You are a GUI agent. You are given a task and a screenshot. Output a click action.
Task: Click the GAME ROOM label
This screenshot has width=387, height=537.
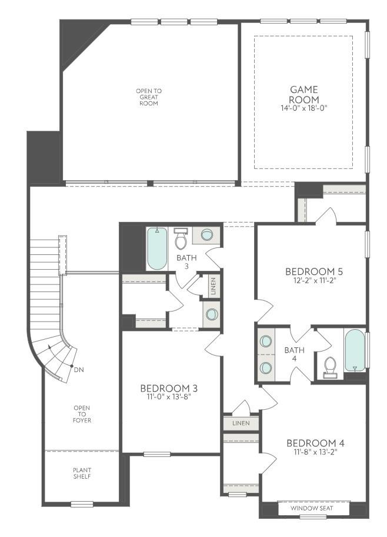pos(303,94)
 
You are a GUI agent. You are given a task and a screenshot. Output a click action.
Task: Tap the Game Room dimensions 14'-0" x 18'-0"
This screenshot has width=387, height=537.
pos(303,108)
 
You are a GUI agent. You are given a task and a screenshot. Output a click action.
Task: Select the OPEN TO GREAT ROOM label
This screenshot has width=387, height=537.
pos(149,97)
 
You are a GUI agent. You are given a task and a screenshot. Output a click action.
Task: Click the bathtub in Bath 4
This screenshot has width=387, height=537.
pos(355,350)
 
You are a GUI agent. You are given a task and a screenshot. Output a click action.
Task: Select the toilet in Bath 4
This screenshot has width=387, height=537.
pos(330,367)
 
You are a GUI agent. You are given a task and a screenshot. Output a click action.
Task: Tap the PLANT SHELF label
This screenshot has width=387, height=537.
pos(82,473)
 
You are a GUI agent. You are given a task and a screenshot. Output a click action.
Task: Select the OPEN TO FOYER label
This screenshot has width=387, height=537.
pos(82,414)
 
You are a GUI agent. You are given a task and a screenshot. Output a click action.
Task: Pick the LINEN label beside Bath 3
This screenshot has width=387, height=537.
pos(212,286)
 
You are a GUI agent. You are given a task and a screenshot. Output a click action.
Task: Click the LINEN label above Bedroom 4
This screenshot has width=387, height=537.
pos(241,423)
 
